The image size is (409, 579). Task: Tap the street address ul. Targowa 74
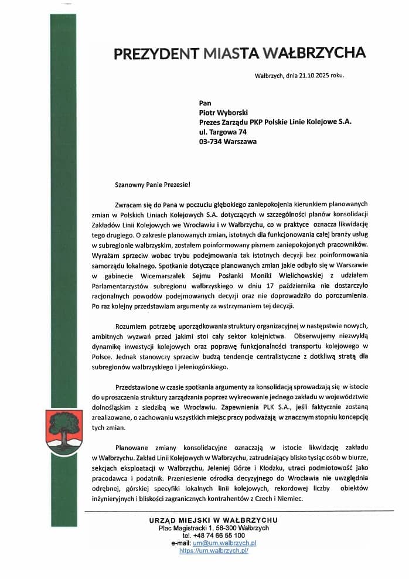223,132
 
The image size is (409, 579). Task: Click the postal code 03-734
212,142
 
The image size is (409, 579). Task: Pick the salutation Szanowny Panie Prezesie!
153,185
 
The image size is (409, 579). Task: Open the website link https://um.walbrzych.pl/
214,551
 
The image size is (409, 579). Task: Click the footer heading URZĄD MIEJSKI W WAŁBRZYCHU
213,520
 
